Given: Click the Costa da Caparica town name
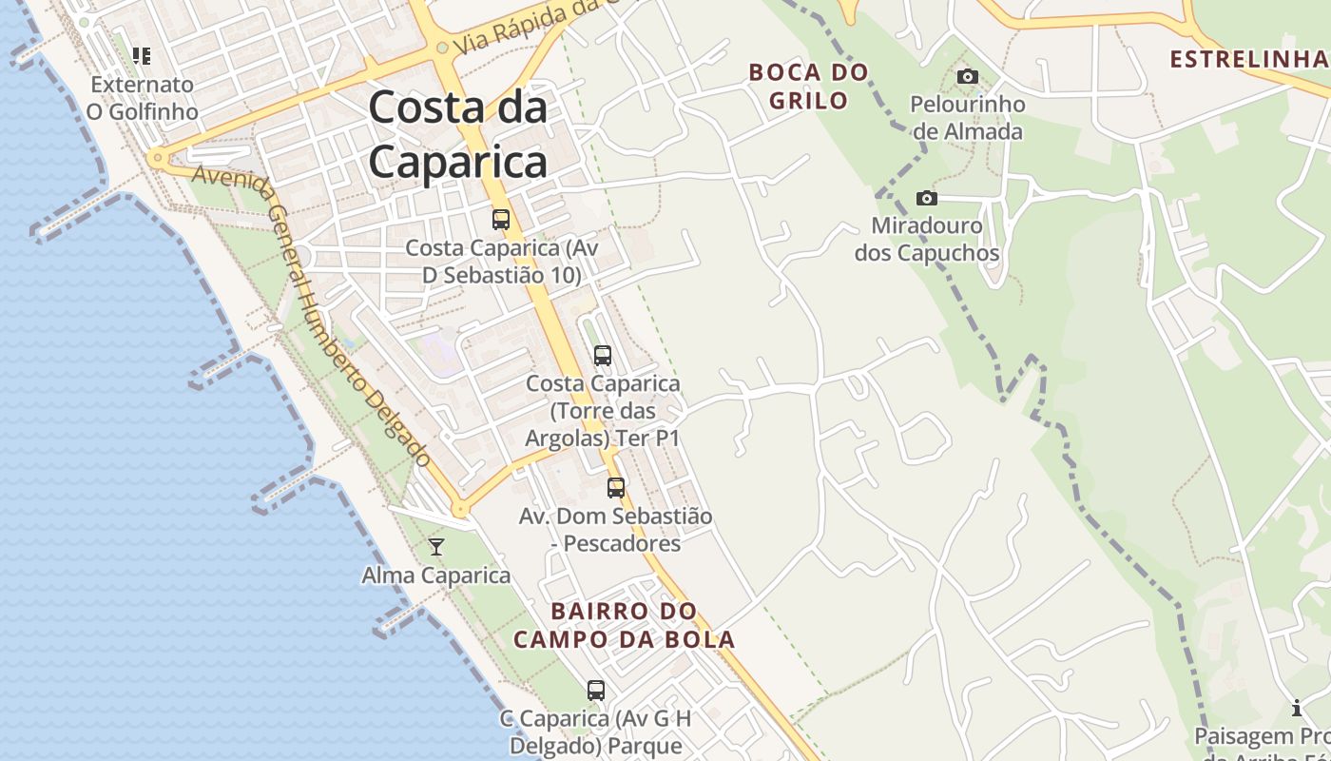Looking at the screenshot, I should tap(457, 134).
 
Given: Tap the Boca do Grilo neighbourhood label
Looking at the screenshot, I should tap(809, 86).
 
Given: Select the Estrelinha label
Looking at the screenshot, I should tap(1247, 59).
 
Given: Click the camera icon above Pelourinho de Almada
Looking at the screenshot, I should tap(968, 76).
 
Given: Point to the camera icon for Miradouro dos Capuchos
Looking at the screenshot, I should tap(926, 198).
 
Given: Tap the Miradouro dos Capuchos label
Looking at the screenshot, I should tap(927, 240).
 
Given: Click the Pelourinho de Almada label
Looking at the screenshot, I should tap(968, 117).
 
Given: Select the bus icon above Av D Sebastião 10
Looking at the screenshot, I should tap(500, 220).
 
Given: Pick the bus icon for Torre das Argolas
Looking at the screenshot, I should tap(602, 356).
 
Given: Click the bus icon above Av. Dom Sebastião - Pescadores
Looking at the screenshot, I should tap(616, 488).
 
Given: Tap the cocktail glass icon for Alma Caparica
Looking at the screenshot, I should tap(436, 546).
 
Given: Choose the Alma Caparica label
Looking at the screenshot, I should tap(436, 576).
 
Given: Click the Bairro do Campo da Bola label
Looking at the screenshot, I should tap(625, 625).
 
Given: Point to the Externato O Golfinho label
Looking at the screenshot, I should tap(143, 98).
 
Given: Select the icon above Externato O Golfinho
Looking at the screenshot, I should tap(142, 56).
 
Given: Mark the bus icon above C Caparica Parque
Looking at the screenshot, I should tap(596, 691).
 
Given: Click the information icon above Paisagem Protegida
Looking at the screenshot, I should tap(1297, 708).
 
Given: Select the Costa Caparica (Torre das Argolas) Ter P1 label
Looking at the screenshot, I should tap(603, 411).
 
